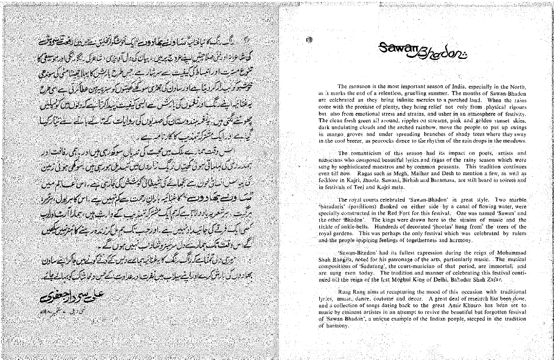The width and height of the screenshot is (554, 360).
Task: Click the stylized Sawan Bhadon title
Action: [x=423, y=51]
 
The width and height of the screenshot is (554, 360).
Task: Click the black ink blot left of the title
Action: [x=309, y=39]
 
